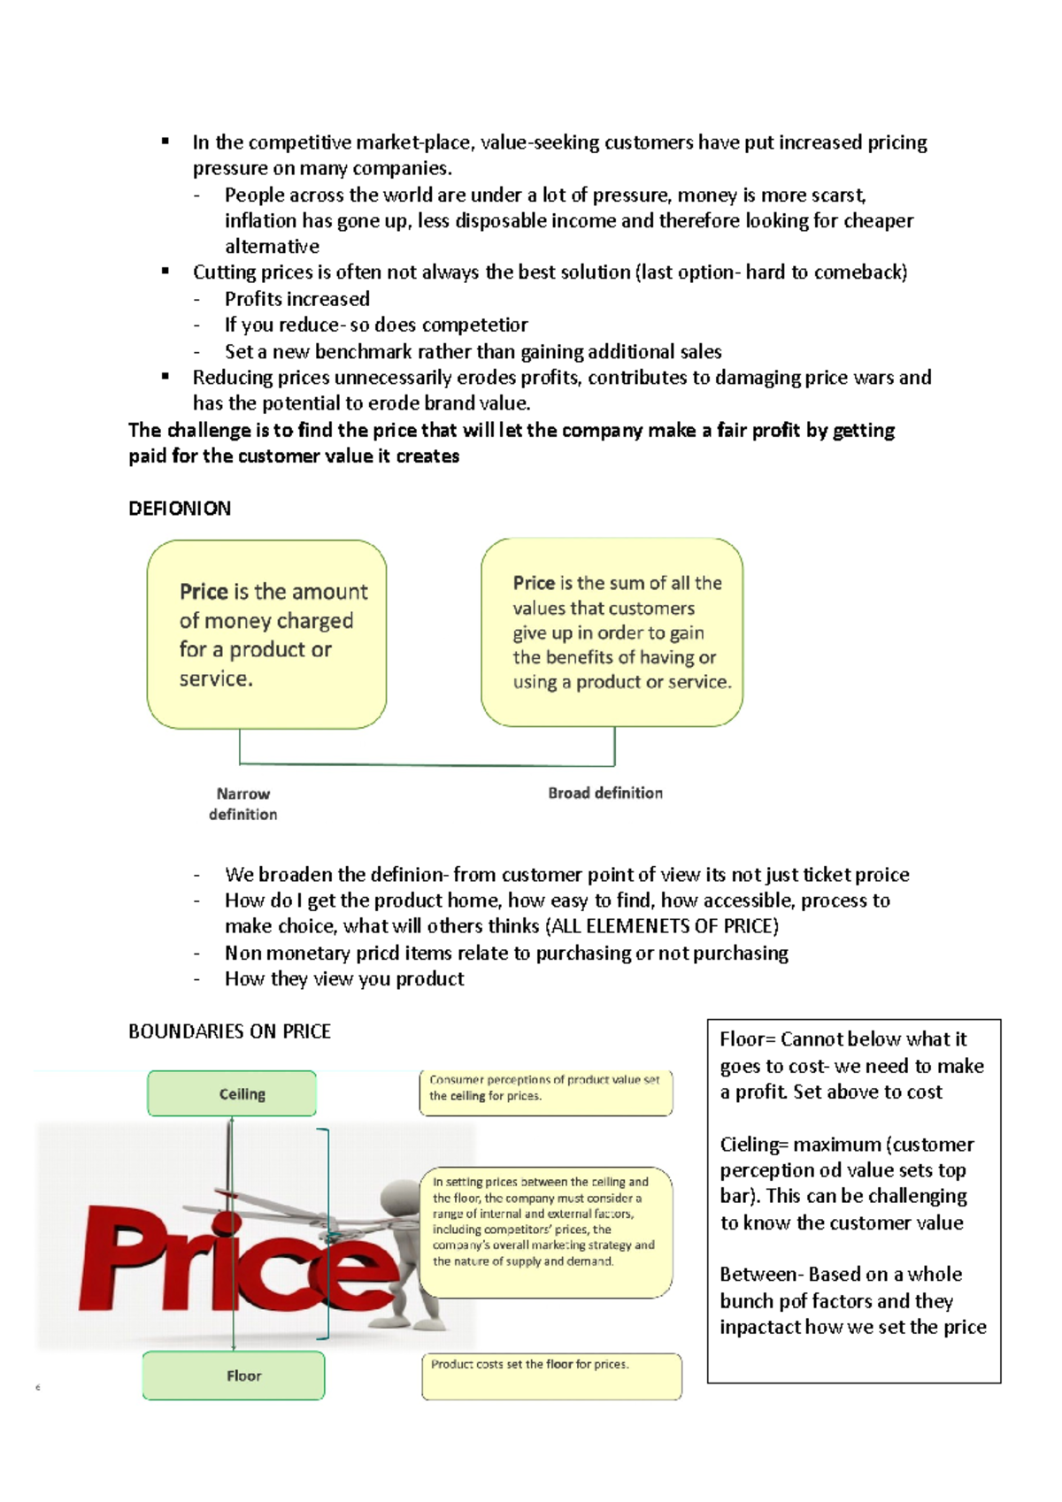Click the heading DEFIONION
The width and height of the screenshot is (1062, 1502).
(x=180, y=509)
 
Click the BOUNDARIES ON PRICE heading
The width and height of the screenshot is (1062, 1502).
(x=229, y=1031)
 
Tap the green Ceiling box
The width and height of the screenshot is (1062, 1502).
(x=232, y=1094)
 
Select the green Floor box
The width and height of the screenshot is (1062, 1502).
(x=234, y=1376)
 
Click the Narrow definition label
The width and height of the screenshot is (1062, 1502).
(x=243, y=804)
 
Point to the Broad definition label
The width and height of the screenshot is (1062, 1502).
(x=605, y=793)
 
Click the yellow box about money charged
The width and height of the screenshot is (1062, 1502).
(x=266, y=634)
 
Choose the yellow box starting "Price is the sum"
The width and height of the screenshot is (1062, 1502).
(x=612, y=632)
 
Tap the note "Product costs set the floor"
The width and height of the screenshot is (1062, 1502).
(x=551, y=1376)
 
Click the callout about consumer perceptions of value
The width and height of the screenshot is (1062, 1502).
(x=545, y=1092)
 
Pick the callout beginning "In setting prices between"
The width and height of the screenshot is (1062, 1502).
(x=545, y=1231)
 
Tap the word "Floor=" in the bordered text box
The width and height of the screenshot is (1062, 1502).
(x=748, y=1039)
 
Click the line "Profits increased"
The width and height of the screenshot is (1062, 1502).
(x=297, y=299)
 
